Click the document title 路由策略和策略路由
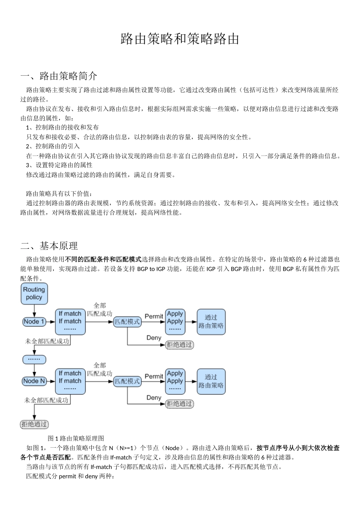tap(180, 39)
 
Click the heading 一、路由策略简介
tap(59, 76)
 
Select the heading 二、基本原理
tap(49, 246)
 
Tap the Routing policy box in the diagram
tap(34, 294)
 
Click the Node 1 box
tap(34, 322)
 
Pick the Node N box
tap(34, 381)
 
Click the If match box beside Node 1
tap(70, 321)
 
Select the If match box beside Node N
tap(70, 381)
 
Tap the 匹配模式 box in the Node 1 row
tap(127, 322)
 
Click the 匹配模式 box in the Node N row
tap(127, 381)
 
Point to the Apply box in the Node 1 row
tap(175, 321)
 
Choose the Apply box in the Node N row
tap(175, 381)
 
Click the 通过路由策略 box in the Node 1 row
tap(211, 322)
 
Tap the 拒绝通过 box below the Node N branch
tap(35, 424)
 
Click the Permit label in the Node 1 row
tap(154, 316)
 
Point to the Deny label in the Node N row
tap(154, 398)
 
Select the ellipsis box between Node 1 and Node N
tap(34, 359)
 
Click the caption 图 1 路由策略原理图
tap(76, 439)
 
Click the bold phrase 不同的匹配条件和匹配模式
tap(103, 259)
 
